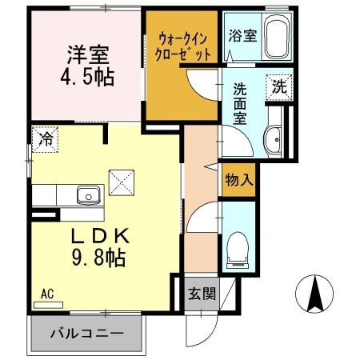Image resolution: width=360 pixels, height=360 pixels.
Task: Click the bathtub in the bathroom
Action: click(x=277, y=36)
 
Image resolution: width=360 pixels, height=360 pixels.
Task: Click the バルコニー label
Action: click(x=88, y=334)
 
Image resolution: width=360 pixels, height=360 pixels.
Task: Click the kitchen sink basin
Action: click(x=87, y=194)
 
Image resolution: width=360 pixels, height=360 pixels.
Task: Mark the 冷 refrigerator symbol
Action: click(x=45, y=138)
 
